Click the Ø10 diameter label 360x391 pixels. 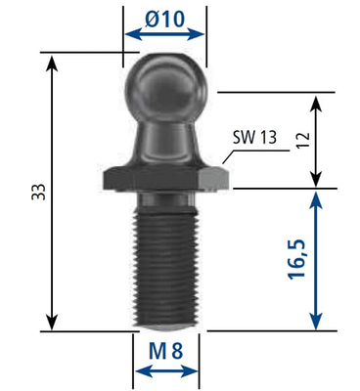[x=165, y=19]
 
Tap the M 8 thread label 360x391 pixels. [x=165, y=351]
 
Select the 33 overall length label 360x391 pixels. [x=38, y=192]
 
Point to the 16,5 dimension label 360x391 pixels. [x=296, y=259]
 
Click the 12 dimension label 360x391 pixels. [x=302, y=140]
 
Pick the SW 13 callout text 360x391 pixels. [x=254, y=138]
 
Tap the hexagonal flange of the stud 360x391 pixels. [x=165, y=179]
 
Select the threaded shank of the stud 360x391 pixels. [x=165, y=267]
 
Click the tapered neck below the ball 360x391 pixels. [x=165, y=142]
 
